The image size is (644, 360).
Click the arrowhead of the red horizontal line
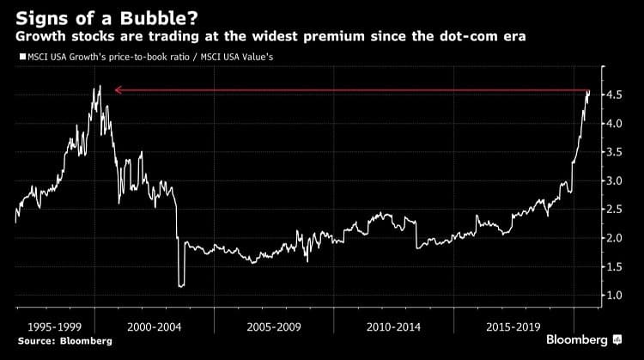point(118,89)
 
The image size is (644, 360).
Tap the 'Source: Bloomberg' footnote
point(52,341)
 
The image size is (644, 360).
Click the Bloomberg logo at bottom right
point(584,341)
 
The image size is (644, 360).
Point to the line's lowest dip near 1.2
point(180,285)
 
